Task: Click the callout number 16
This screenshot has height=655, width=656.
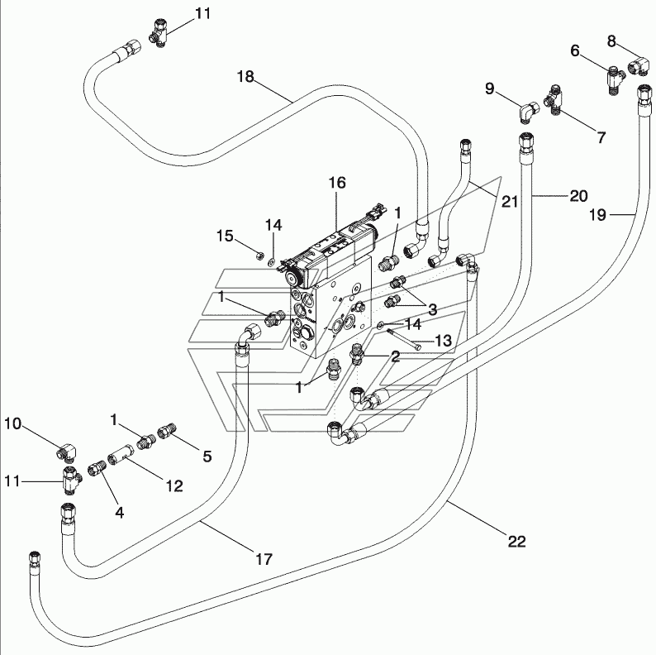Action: point(337,183)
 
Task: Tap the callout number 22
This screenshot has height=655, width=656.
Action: point(516,542)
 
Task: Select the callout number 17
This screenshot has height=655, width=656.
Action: point(264,559)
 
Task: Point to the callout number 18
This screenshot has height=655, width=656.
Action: point(245,76)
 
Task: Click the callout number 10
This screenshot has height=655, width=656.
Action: point(12,423)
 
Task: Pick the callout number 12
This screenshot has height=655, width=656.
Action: point(174,485)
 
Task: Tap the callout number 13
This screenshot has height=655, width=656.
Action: point(444,341)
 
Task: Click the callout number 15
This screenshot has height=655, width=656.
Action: point(225,236)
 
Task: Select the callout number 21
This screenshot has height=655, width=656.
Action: point(510,202)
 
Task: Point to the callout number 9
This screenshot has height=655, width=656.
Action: point(489,88)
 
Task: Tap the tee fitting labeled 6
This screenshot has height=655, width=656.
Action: point(614,79)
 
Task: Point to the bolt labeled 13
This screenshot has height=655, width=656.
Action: point(404,339)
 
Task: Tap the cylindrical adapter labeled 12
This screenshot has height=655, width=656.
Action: point(121,454)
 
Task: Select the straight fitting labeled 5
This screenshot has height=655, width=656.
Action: point(168,431)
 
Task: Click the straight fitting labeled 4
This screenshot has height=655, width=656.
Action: point(97,468)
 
